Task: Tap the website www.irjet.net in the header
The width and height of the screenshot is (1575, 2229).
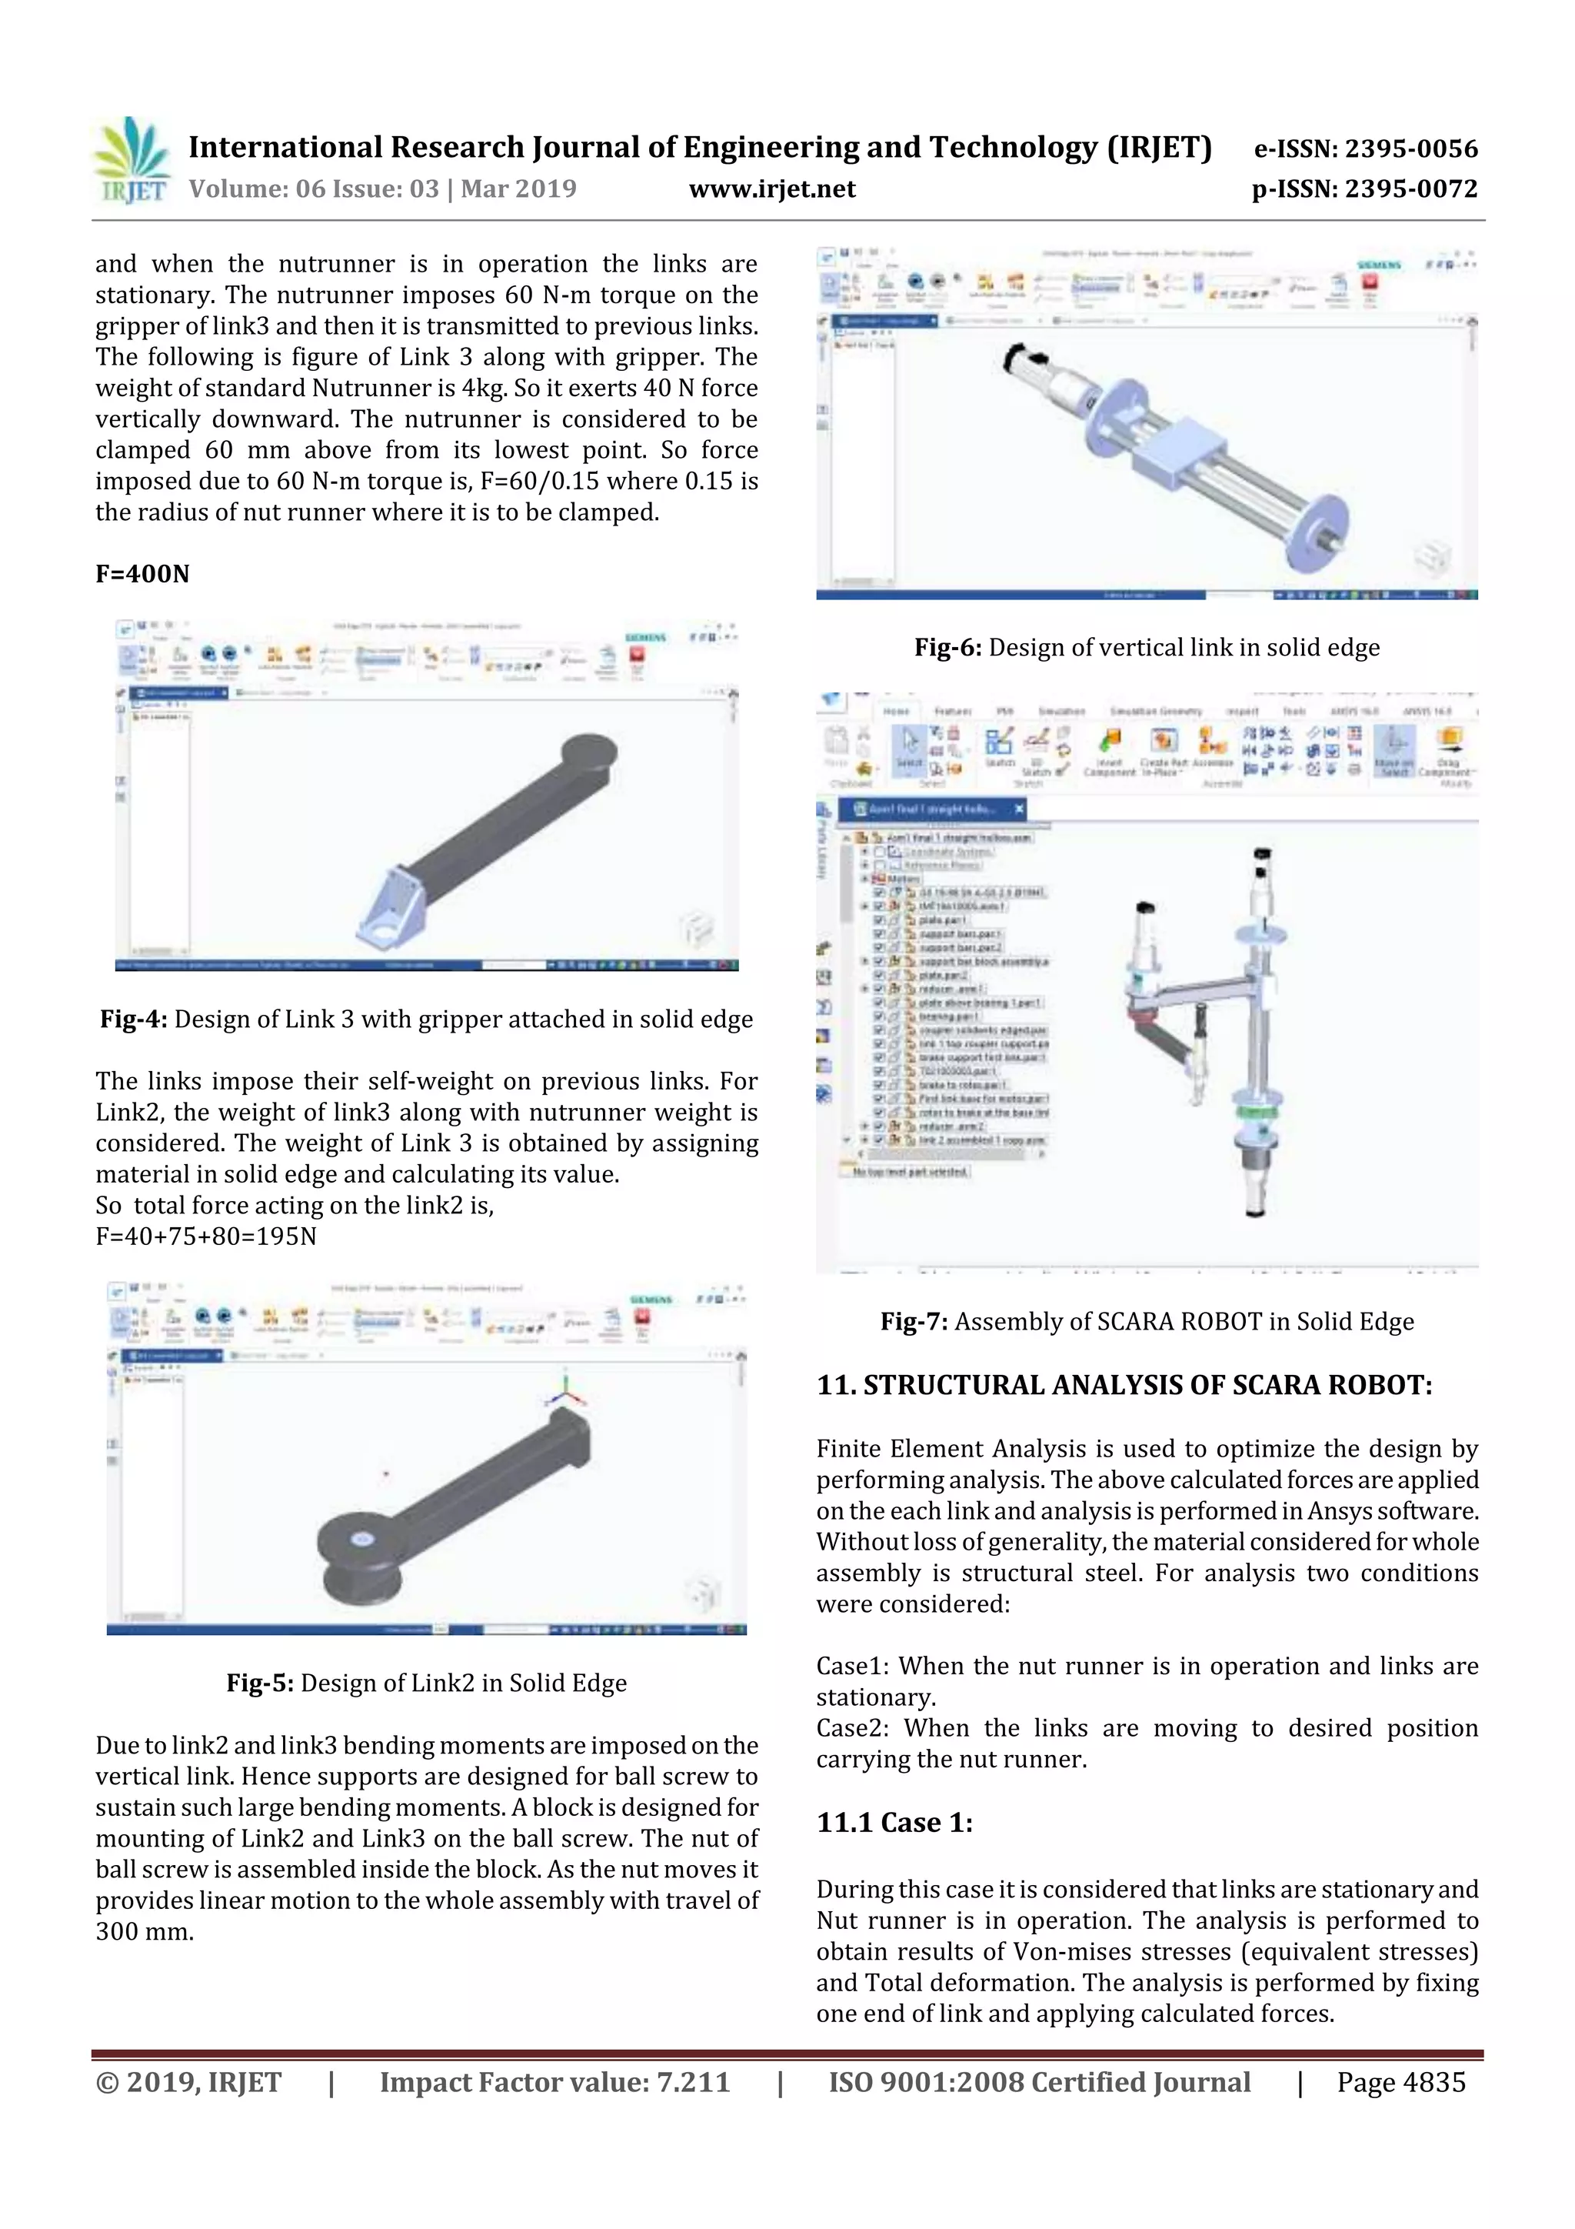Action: [x=772, y=189]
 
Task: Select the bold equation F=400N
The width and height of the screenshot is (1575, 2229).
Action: [x=142, y=574]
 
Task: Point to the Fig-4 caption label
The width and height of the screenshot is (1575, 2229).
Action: [x=134, y=1019]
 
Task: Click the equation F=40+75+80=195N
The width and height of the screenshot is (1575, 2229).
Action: [x=206, y=1236]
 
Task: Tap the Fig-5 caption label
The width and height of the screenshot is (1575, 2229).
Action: [x=260, y=1683]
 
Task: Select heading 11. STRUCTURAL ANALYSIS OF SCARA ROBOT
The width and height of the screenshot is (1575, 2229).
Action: [x=1124, y=1386]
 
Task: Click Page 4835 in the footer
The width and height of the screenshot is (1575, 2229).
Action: [x=1400, y=2082]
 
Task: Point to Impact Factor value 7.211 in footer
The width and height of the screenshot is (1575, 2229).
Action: [x=554, y=2082]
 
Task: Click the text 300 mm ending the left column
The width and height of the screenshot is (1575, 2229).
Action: [x=145, y=1932]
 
